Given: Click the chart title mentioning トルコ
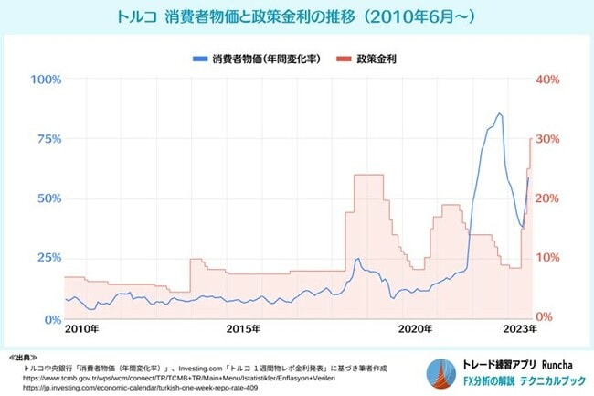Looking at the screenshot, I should click(296, 16).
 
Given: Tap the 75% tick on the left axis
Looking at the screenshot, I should click(47, 139).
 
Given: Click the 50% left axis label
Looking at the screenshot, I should click(47, 198).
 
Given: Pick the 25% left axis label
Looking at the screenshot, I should click(47, 258).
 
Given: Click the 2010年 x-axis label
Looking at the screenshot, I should click(83, 327).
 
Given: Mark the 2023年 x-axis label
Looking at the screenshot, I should click(520, 327).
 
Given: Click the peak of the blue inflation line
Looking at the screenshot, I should click(499, 113).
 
